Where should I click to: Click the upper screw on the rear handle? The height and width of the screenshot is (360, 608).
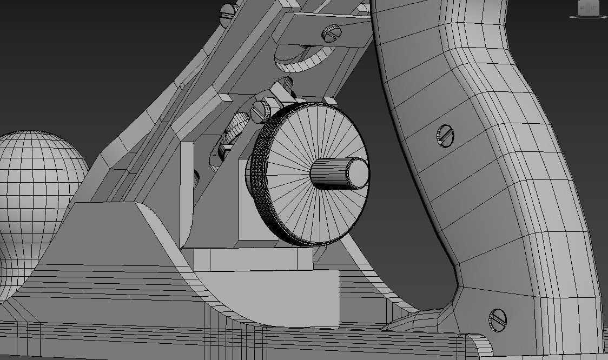tap(444, 136)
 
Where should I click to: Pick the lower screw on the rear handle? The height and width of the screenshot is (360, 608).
tap(497, 319)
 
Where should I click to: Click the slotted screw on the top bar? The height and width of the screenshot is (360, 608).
tap(332, 34)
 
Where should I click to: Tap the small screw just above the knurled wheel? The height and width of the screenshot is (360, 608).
tap(261, 111)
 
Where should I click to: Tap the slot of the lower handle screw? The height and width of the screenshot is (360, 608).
tap(497, 319)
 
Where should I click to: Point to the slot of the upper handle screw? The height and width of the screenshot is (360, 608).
tap(444, 136)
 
